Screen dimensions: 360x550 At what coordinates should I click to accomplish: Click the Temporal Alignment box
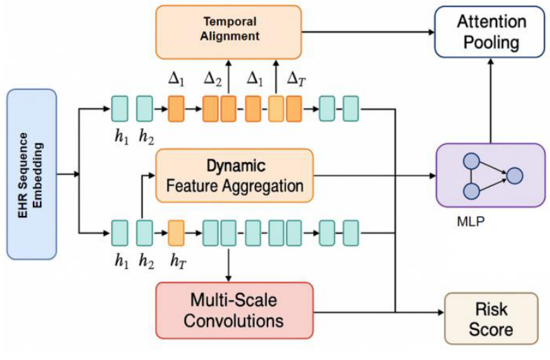point(229,32)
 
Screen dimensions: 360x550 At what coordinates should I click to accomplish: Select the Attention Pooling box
point(489,31)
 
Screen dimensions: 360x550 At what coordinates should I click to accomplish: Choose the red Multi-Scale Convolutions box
point(234,311)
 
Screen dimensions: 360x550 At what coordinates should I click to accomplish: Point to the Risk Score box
point(491,319)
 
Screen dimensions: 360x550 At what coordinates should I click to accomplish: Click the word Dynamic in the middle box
point(235,166)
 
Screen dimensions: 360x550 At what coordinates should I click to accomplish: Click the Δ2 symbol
point(212,79)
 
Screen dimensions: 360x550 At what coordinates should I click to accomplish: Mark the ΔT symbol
point(296,79)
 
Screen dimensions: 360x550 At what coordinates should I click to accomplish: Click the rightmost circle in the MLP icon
point(515,175)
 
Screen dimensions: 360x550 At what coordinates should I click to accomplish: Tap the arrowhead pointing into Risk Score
point(440,311)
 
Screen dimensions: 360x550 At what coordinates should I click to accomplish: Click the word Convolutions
point(235,321)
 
